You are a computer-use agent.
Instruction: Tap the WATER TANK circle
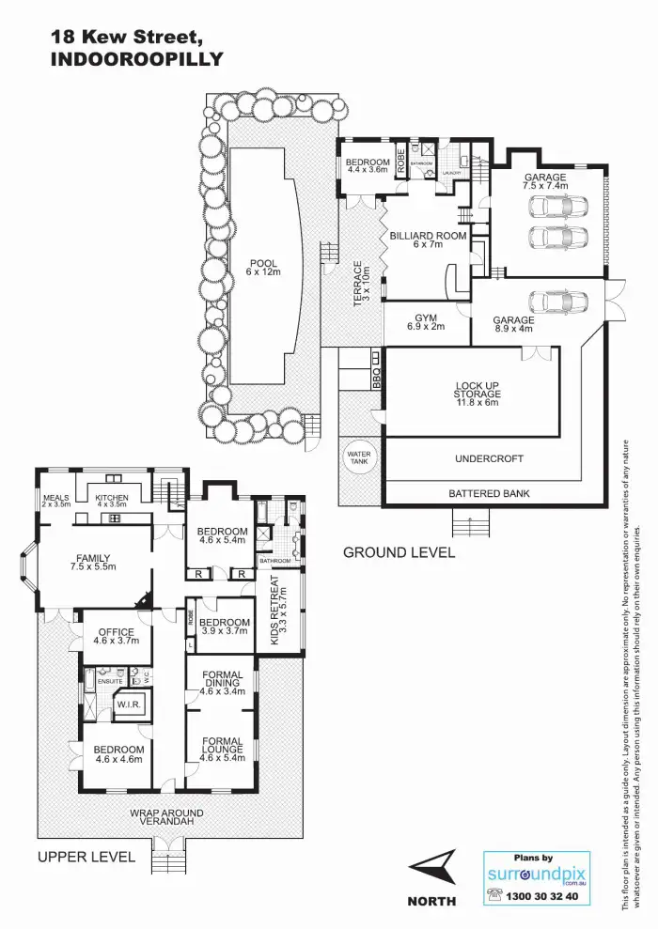(x=358, y=459)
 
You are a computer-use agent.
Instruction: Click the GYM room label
(x=425, y=321)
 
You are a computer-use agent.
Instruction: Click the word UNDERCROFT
(x=489, y=459)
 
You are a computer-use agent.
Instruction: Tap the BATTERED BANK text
(x=489, y=493)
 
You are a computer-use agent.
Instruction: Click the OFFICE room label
(x=116, y=637)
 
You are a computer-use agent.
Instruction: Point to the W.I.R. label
(x=127, y=703)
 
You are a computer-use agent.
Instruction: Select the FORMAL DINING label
(x=223, y=682)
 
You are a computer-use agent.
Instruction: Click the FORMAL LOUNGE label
(x=223, y=748)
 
